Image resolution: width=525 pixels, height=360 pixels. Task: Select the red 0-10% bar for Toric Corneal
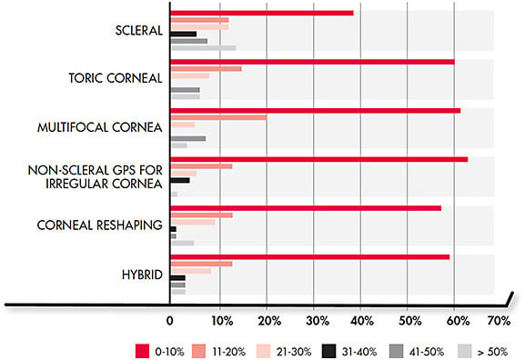(312, 62)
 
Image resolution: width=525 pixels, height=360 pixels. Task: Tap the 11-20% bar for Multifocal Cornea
(218, 117)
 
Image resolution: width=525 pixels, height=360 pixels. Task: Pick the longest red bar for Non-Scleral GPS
(318, 159)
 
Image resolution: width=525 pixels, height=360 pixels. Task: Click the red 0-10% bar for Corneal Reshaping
(306, 208)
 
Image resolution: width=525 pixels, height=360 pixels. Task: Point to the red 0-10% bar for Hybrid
(309, 256)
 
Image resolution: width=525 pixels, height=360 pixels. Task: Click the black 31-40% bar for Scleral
(183, 34)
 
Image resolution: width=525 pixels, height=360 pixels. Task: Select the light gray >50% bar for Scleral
(203, 47)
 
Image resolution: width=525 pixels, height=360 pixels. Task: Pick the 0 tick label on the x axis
(170, 321)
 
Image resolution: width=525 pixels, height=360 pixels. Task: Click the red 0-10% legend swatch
(141, 348)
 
